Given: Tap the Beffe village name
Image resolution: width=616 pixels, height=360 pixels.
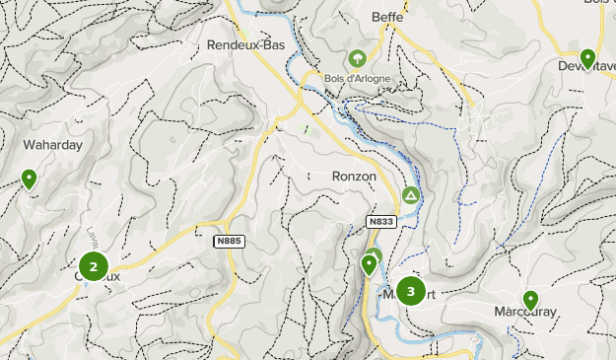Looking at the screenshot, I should pos(388,17).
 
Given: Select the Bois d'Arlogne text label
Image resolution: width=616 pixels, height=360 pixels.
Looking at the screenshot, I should pos(357,79).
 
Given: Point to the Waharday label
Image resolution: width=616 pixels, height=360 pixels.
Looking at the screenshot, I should pos(52,144).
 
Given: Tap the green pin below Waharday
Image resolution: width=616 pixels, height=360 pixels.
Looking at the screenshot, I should pos(30,180).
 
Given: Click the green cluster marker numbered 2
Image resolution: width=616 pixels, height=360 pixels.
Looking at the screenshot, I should pos(93,266).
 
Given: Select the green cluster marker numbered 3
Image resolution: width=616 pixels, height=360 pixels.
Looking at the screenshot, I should pos(410,291).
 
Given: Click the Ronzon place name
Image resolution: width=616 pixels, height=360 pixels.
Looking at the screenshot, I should pos(355,176).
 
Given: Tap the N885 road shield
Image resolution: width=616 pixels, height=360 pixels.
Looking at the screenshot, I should pos(228,241).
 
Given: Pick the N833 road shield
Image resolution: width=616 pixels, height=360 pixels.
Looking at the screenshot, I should pos(380,222).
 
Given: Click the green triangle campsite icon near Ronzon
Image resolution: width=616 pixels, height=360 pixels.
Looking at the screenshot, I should pos(411,196).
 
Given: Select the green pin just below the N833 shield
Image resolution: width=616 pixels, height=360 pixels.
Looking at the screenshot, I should pos(370,263).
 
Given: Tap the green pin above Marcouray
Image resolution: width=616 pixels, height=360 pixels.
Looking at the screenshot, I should pos(530,299).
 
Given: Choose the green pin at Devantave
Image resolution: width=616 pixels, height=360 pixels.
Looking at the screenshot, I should pos(587,59).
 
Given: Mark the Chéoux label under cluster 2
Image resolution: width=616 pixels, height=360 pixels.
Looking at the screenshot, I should pos(97,277).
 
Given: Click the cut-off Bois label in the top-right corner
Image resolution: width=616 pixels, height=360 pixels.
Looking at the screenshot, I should pos(599,4).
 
